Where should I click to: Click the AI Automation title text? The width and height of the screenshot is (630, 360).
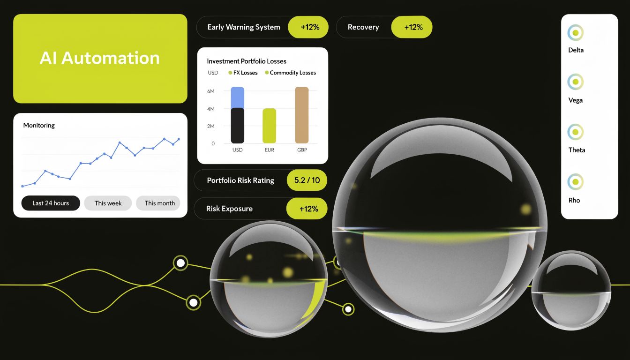click(x=99, y=58)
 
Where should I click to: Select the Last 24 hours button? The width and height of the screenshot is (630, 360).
click(x=51, y=203)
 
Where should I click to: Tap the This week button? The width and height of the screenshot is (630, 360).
click(x=108, y=203)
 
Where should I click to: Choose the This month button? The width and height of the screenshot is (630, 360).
click(x=159, y=203)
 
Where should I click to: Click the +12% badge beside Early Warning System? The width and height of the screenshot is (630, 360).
click(x=308, y=27)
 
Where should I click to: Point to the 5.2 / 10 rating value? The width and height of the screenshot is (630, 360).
click(x=307, y=180)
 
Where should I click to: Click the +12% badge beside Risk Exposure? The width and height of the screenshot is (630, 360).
click(x=307, y=209)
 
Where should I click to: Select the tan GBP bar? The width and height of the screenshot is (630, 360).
click(x=302, y=115)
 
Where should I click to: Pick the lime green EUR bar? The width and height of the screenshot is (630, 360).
click(x=270, y=126)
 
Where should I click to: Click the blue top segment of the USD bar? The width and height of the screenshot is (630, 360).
click(x=238, y=97)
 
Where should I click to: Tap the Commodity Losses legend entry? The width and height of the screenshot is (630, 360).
click(x=290, y=73)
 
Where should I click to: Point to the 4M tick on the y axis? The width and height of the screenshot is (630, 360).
click(x=211, y=109)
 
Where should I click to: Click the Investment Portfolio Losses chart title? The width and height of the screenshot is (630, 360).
click(x=247, y=61)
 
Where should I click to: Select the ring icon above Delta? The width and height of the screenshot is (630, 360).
click(x=576, y=33)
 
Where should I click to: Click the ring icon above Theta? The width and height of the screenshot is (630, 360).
click(x=576, y=132)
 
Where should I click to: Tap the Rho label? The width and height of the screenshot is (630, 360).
click(x=574, y=200)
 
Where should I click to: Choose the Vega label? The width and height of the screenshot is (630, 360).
click(x=576, y=100)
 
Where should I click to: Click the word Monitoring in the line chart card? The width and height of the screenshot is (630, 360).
click(x=39, y=125)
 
